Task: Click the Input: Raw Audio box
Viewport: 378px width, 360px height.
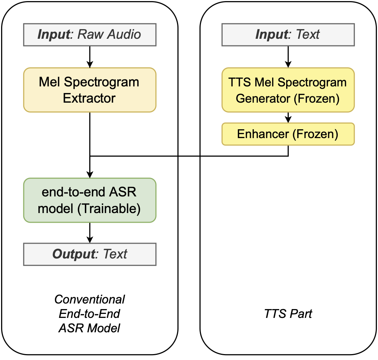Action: coord(90,35)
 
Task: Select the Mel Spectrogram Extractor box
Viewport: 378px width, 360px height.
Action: coord(90,90)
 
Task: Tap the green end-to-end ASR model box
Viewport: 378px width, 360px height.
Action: coord(90,200)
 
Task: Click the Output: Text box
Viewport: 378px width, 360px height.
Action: coord(90,254)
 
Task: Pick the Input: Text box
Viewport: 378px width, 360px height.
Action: coord(288,35)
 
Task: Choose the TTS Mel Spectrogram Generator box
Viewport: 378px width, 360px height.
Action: coord(288,90)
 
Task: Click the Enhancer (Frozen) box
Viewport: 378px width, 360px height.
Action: coord(288,134)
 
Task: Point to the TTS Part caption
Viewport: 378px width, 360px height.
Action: coord(288,314)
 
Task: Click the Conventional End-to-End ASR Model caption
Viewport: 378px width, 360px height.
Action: coord(90,313)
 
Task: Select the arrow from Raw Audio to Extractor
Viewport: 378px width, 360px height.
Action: coord(90,56)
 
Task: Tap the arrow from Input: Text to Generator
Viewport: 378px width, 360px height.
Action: coord(288,56)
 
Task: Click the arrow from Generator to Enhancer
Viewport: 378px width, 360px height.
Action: coord(288,117)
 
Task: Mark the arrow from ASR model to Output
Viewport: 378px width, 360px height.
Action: coord(90,233)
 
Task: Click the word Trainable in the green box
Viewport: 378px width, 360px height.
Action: coord(110,209)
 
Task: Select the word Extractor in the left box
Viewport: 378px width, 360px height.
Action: coord(90,98)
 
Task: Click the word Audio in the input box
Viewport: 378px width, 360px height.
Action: coord(125,35)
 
